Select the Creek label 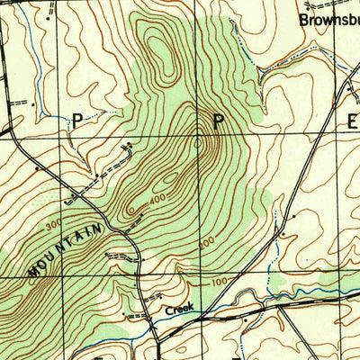[179, 309]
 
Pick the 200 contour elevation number [206, 243]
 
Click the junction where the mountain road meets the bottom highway [156, 340]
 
